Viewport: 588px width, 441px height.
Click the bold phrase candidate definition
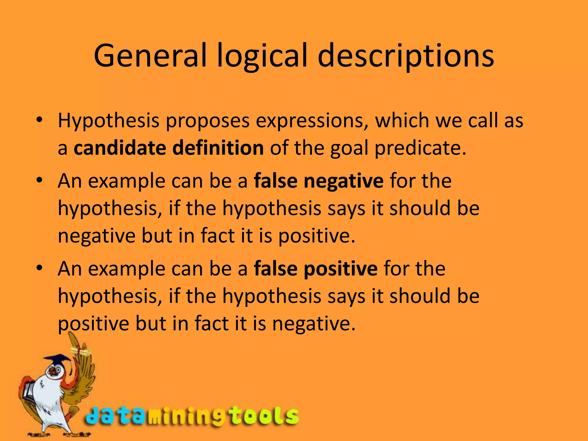169,148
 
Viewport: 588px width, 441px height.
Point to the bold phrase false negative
319,181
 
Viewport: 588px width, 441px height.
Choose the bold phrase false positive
316,269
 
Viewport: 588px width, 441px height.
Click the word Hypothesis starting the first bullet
109,121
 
